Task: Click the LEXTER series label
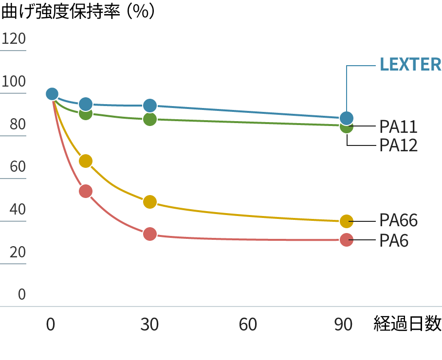410,65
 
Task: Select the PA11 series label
398,127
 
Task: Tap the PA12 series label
398,145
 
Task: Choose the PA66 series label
398,221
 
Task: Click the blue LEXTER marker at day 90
346,118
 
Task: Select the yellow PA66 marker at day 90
346,221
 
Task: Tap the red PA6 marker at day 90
346,240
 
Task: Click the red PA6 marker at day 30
150,234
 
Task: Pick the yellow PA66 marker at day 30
150,202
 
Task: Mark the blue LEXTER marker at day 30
150,106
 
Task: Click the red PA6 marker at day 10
86,191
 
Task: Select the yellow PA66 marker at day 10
86,161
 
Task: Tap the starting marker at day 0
52,94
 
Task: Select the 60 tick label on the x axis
248,325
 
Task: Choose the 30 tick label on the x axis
149,325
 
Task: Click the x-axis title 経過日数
407,324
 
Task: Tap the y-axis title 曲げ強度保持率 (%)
78,12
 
